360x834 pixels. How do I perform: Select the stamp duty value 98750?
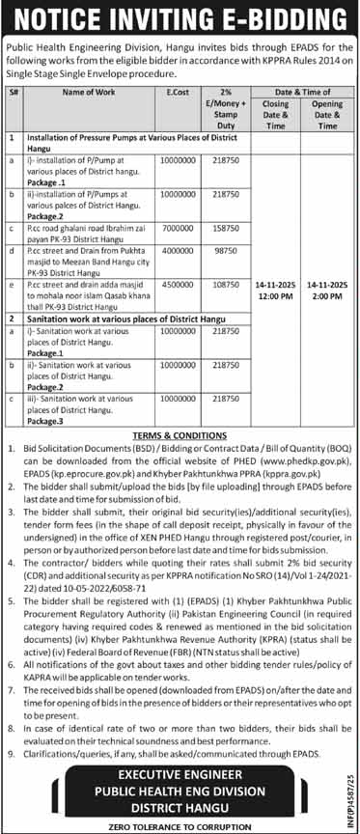point(224,249)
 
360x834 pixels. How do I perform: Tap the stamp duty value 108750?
point(224,287)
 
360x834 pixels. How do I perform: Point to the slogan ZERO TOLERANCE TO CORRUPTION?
point(180,824)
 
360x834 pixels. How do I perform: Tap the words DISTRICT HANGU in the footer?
point(180,804)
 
